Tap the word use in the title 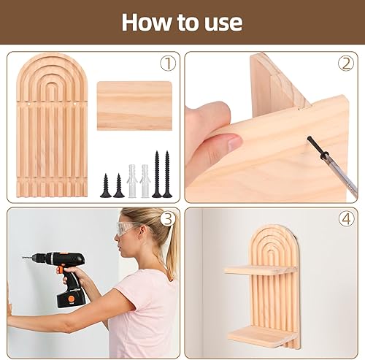coord(223,24)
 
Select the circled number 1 coord(168,64)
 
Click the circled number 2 coord(346,64)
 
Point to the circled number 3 coord(168,219)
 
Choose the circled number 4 coord(346,219)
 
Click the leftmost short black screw coord(106,185)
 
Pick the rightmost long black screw coord(167,175)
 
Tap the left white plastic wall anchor coord(132,181)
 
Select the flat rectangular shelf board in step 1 coord(134,106)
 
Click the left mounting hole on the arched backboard coord(29,104)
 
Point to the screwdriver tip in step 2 coord(310,139)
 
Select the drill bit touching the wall coord(27,257)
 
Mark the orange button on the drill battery coord(72,299)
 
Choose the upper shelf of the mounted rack coord(261,270)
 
